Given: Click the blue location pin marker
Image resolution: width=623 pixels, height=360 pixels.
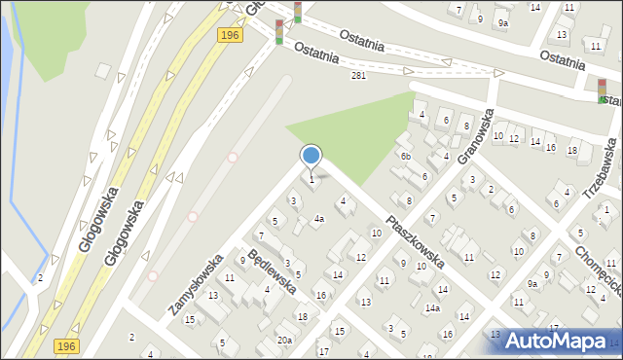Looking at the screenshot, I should click(311, 156).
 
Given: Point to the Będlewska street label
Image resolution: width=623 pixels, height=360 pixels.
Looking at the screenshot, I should click(271, 270).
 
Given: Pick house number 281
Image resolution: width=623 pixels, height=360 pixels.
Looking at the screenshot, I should click(358, 76).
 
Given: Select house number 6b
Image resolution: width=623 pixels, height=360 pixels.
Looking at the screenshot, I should click(406, 157).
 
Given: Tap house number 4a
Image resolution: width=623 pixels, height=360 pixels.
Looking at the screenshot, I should click(318, 219).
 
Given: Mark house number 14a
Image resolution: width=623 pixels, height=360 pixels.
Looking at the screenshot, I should click(432, 308).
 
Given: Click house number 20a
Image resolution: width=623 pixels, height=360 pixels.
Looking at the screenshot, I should click(284, 340).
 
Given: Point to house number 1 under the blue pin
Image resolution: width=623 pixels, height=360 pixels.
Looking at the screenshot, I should click(311, 179).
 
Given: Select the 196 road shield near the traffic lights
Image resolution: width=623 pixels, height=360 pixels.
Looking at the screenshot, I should click(229, 35).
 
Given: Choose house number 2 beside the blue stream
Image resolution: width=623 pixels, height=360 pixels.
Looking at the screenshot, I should click(40, 278).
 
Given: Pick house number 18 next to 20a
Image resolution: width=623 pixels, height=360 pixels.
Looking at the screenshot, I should click(302, 317).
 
